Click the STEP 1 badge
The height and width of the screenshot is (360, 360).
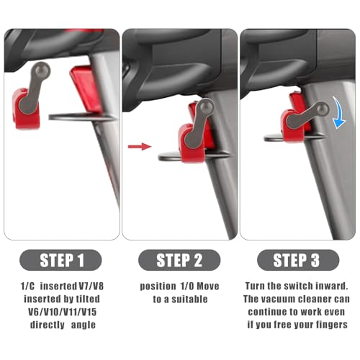click(60, 260)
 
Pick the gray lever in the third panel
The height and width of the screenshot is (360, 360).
click(306, 114)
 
